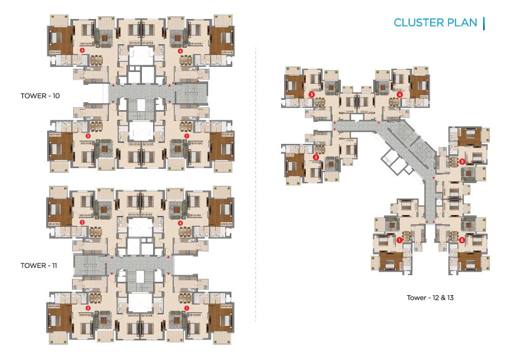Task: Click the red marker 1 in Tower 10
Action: click(x=186, y=136)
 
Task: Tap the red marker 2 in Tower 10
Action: click(x=88, y=136)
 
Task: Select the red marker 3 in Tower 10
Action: click(x=82, y=50)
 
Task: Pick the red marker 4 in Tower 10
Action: click(x=180, y=51)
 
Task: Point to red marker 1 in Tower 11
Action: click(x=186, y=308)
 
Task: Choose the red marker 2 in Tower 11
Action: click(x=88, y=308)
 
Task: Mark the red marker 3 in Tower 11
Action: click(x=82, y=222)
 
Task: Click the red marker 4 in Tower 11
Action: click(x=180, y=223)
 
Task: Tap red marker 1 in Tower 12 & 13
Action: click(x=399, y=240)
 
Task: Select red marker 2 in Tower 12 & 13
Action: click(x=316, y=157)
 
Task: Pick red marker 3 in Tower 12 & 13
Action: click(x=311, y=95)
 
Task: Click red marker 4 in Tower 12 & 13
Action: click(x=400, y=95)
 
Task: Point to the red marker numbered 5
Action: click(x=462, y=161)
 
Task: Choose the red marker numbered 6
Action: click(x=462, y=240)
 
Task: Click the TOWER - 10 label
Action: click(x=40, y=96)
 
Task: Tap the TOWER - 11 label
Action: click(x=39, y=266)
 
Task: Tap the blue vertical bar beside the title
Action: click(x=484, y=23)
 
